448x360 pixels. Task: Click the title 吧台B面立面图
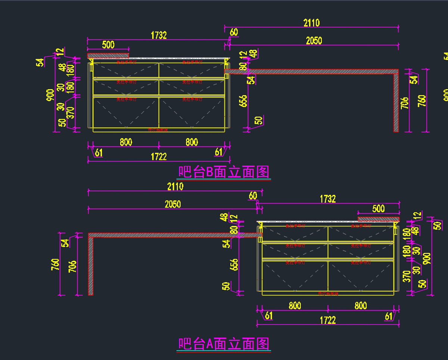click(224, 172)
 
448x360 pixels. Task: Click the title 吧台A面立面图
click(224, 344)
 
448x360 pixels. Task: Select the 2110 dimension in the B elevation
click(311, 23)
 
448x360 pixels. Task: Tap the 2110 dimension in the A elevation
click(175, 186)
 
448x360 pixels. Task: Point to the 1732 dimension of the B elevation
click(159, 35)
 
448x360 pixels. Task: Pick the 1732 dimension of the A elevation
click(327, 199)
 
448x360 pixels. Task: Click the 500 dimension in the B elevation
click(108, 45)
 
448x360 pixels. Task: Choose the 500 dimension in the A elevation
click(378, 208)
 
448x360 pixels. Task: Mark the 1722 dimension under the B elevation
click(159, 156)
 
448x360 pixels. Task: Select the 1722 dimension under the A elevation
click(327, 320)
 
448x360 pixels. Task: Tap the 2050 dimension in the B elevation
click(314, 41)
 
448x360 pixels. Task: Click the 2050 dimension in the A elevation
click(172, 204)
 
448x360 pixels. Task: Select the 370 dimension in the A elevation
click(407, 276)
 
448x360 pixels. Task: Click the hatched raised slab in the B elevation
click(108, 56)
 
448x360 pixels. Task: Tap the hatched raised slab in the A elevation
click(379, 219)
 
